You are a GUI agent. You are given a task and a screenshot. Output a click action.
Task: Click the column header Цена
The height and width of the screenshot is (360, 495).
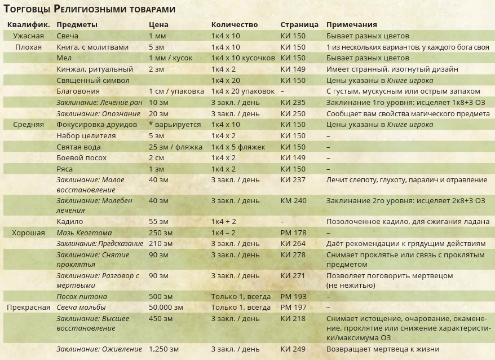point(158,25)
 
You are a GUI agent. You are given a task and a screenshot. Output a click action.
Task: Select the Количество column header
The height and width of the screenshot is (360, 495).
point(235,25)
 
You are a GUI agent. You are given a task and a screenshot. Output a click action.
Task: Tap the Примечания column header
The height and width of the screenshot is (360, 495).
point(352,25)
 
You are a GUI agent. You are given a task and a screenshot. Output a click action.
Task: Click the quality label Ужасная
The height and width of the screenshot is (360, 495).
point(28,36)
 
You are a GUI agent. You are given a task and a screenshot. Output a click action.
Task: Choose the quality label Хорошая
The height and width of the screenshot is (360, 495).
point(28,232)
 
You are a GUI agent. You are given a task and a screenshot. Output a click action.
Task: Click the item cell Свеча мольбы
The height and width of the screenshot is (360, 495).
point(81,308)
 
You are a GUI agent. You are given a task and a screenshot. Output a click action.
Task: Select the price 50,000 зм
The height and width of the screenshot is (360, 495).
point(166,308)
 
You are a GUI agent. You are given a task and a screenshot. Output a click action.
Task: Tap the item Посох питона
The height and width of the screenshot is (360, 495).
point(82,297)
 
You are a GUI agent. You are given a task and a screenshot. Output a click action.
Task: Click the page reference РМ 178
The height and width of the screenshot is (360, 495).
point(293,232)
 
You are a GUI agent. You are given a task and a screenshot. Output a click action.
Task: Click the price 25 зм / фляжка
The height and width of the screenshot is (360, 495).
point(175,147)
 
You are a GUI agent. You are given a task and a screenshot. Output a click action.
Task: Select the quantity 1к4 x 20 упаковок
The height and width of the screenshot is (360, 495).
point(242,91)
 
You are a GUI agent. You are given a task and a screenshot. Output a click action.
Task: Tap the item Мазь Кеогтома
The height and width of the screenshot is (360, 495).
point(84,232)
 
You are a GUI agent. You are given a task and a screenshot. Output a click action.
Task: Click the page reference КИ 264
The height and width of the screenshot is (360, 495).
point(293,244)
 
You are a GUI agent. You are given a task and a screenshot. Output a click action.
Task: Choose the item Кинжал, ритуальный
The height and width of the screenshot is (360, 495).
point(95,69)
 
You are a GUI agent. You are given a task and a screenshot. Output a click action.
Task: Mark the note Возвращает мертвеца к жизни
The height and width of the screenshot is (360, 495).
point(383,349)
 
